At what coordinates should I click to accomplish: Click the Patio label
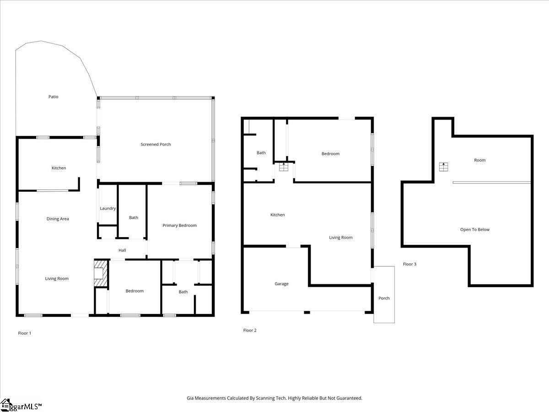coord(54,97)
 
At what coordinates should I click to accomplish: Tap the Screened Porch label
coord(156,144)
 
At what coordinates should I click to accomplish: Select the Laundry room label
coord(108,208)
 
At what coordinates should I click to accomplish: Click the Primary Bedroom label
coord(179,225)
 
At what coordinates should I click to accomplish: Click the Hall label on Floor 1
coord(122,250)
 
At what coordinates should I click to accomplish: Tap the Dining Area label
coord(58,219)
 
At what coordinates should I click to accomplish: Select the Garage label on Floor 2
coord(281,284)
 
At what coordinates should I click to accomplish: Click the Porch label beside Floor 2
coord(384,298)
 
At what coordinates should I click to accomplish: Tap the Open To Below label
coord(474,229)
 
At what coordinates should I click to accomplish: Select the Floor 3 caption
coord(409,264)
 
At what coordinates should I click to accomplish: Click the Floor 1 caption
coord(25,333)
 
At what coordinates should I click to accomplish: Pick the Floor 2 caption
coord(250,330)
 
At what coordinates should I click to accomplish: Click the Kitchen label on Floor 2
coord(277,215)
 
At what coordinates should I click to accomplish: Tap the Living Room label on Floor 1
coord(57,278)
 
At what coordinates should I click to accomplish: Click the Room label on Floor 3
coord(479,160)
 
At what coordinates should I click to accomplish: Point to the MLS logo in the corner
coord(21,406)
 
